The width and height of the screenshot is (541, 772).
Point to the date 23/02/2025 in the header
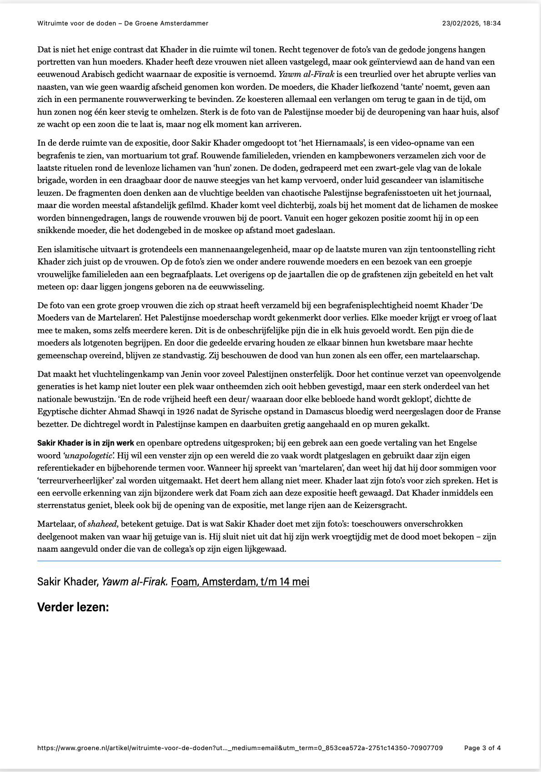460,23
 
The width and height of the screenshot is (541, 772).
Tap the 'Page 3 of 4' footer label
482,748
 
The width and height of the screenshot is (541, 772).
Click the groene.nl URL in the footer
240,748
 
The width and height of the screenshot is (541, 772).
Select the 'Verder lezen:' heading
73,607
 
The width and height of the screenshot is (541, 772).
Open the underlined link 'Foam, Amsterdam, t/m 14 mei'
240,582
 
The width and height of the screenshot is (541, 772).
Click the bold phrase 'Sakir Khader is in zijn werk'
85,443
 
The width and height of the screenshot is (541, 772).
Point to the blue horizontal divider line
269,561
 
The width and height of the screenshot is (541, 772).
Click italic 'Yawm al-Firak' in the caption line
135,582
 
